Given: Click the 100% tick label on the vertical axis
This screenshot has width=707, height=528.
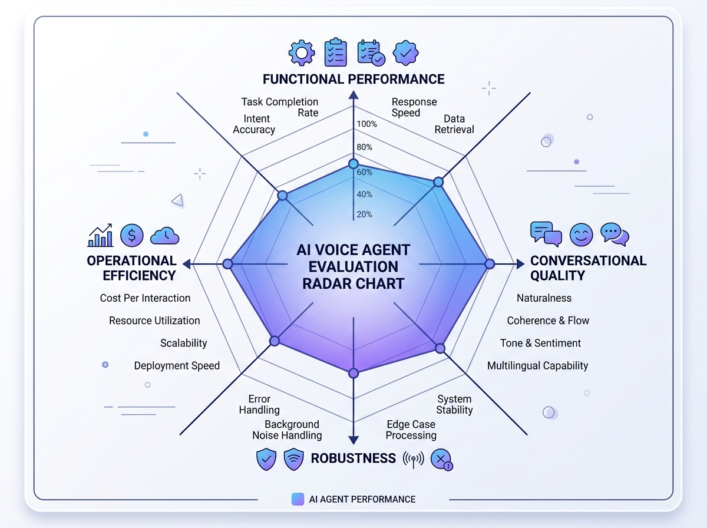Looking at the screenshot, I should [x=366, y=124].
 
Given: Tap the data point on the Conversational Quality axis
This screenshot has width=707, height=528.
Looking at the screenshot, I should [x=489, y=264].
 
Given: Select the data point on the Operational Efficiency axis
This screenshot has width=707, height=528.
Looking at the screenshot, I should [x=227, y=265].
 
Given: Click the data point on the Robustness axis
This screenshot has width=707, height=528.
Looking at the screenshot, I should [x=353, y=373].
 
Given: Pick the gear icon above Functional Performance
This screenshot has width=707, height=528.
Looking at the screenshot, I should [x=302, y=52].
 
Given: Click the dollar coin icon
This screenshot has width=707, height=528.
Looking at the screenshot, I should [x=132, y=235].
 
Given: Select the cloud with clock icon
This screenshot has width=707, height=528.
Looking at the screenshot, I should [x=165, y=235].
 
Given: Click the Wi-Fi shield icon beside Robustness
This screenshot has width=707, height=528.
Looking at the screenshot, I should [x=293, y=459].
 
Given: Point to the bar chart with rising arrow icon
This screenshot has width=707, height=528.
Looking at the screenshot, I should [x=100, y=235].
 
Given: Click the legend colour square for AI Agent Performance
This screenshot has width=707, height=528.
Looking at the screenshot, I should [x=298, y=499].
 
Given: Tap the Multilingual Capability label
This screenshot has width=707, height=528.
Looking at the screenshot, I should [x=537, y=365].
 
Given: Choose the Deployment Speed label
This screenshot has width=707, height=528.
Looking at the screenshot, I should [x=177, y=365].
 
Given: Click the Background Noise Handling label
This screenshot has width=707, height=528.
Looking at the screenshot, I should [x=287, y=430].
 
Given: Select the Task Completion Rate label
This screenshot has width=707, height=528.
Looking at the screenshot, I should [x=280, y=107].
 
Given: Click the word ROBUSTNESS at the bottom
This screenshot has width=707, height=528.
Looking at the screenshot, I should [x=353, y=458].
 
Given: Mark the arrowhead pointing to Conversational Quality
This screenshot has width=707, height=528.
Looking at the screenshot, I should [x=520, y=264].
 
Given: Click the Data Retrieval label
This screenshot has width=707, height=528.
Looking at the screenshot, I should [x=454, y=124].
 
